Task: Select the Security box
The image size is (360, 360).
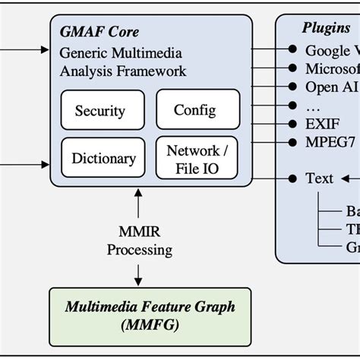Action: (x=99, y=111)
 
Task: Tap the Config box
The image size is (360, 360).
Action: (x=194, y=110)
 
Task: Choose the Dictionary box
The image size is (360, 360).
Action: (x=103, y=159)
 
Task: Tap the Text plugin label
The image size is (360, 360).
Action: (x=319, y=178)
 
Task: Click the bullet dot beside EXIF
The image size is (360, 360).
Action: (x=292, y=124)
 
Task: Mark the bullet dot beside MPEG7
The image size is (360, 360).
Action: (x=292, y=142)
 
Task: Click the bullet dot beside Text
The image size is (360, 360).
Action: (x=292, y=178)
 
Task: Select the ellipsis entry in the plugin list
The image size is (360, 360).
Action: (x=311, y=106)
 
